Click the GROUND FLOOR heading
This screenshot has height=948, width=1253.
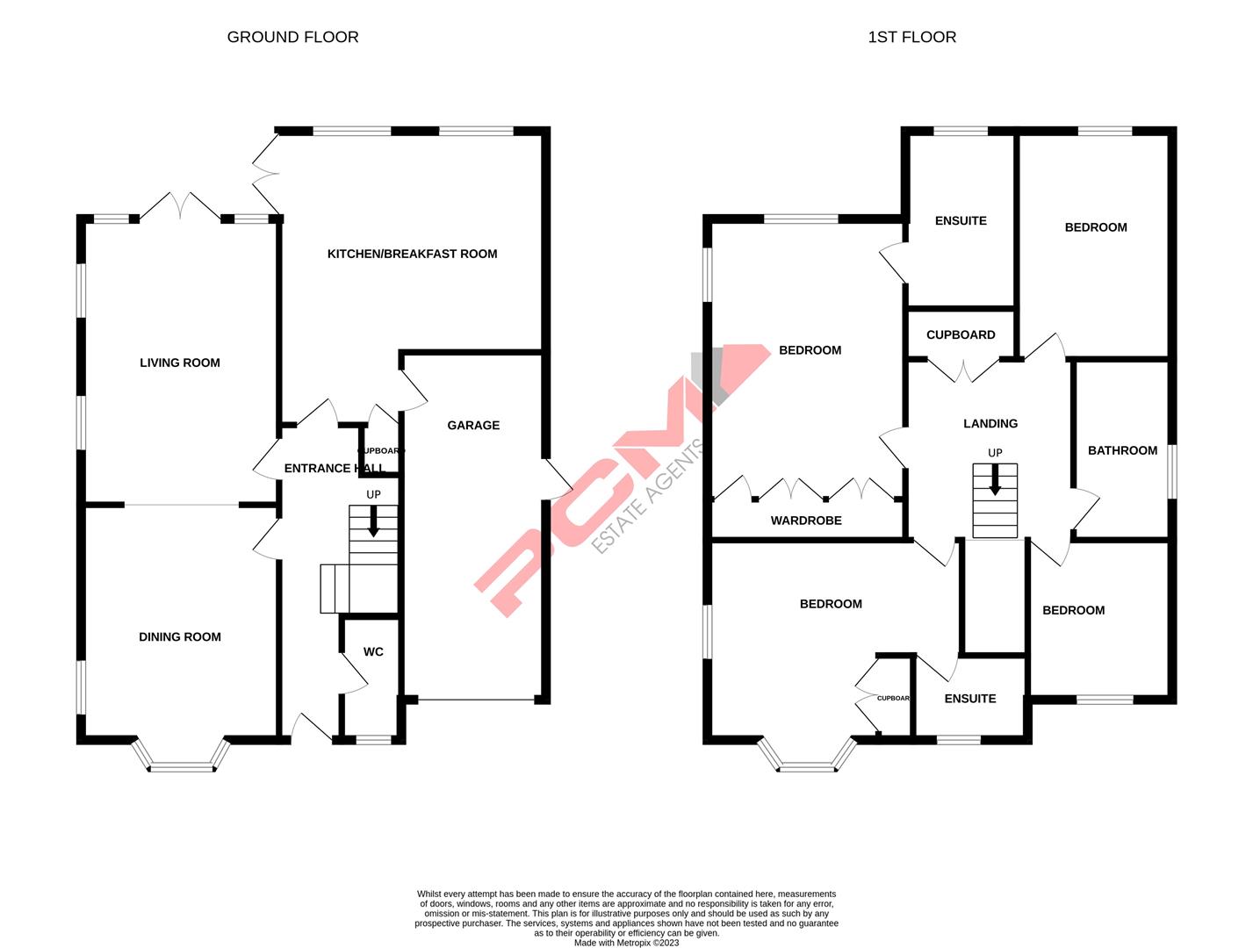tap(292, 37)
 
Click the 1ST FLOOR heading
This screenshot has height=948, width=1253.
tap(911, 37)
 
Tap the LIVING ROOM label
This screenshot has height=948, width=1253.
tap(180, 363)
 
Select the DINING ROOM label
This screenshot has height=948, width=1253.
tap(180, 637)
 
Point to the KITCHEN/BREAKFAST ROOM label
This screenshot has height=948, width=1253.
tap(412, 254)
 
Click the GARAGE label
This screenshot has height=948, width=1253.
tap(473, 425)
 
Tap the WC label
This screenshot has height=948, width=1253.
tap(373, 652)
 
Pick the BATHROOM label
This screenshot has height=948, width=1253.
tap(1122, 450)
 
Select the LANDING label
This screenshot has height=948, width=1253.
tap(990, 423)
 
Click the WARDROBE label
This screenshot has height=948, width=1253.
tap(806, 521)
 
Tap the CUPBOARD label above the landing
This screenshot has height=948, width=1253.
tap(961, 334)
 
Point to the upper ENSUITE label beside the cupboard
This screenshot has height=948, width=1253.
tap(961, 220)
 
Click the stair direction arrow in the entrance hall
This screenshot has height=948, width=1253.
tap(373, 521)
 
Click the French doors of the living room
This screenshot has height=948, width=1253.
tap(180, 206)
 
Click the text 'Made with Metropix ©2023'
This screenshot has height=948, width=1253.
tap(626, 943)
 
